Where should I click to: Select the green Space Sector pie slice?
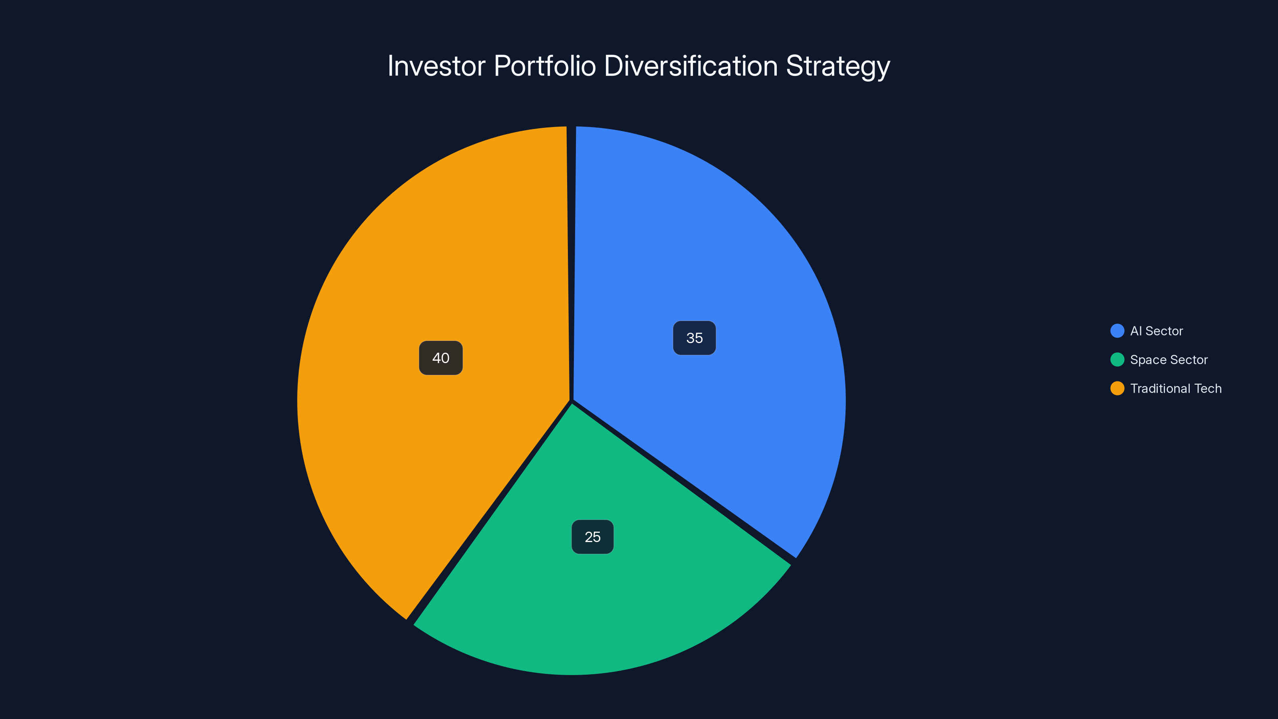tap(595, 596)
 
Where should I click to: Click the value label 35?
tap(694, 338)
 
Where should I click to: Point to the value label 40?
tap(441, 358)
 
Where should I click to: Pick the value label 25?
tap(592, 537)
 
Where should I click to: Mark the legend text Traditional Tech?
tap(1175, 389)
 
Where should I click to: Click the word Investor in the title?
tap(436, 66)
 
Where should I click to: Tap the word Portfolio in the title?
tap(545, 66)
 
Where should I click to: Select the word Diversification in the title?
tap(691, 66)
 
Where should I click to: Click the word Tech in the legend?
tap(1208, 389)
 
